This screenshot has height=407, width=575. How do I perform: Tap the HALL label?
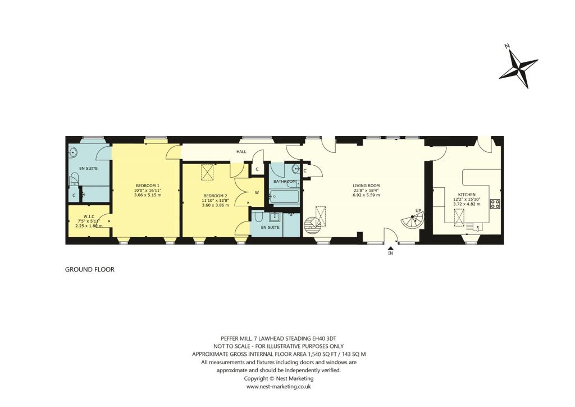(241, 152)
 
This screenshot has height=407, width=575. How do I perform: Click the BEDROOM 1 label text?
(148, 186)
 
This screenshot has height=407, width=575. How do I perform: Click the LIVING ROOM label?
(366, 186)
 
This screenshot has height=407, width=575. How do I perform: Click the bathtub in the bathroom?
(285, 196)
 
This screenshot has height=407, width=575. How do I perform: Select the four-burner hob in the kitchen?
(495, 204)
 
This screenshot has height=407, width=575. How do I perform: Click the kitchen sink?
(477, 228)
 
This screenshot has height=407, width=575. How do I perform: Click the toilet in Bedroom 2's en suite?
(258, 217)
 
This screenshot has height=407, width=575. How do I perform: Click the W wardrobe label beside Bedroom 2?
(257, 192)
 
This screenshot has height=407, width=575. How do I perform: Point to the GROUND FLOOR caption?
(90, 270)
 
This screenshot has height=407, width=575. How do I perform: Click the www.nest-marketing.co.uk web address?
(279, 387)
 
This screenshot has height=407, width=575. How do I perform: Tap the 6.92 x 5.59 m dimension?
(366, 195)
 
